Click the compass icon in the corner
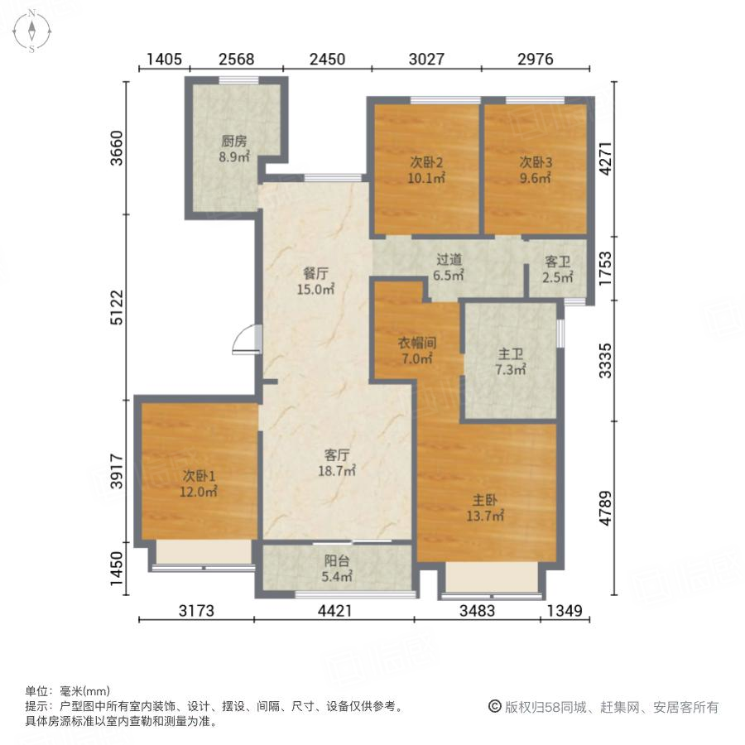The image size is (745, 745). click(x=31, y=31)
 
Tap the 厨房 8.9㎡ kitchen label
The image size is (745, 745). click(x=233, y=148)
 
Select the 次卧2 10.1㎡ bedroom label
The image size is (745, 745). click(x=427, y=169)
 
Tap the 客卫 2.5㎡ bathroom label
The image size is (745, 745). click(x=559, y=268)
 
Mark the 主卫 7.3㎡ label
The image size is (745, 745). click(x=512, y=361)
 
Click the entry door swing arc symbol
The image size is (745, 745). click(x=244, y=339)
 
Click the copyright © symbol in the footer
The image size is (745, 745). click(x=494, y=707)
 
